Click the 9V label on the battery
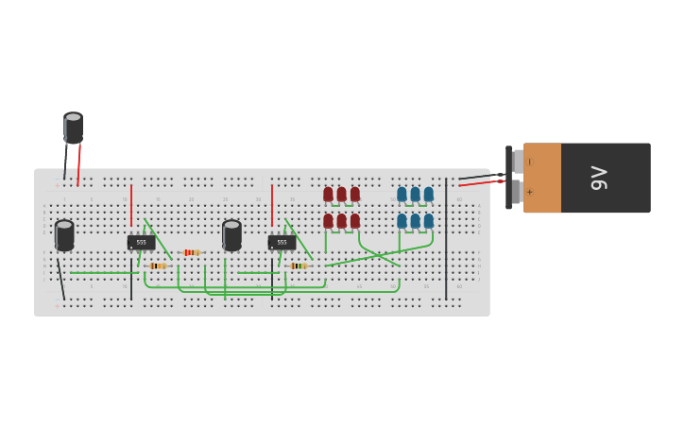point(599,178)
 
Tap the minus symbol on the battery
point(529,163)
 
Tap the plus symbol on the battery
point(529,192)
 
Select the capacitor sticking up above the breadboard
point(73,128)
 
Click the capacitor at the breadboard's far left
point(64,234)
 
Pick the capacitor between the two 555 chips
point(231,234)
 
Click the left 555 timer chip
point(141,243)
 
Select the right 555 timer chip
point(282,243)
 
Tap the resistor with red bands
point(192,252)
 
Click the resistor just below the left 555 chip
point(158,266)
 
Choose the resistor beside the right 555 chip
point(299,266)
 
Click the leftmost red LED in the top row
point(328,195)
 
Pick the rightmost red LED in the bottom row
point(355,221)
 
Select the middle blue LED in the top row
point(415,195)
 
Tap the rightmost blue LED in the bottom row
point(428,221)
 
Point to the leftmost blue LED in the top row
point(402,195)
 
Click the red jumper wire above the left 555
point(131,205)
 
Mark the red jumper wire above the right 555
point(272,205)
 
